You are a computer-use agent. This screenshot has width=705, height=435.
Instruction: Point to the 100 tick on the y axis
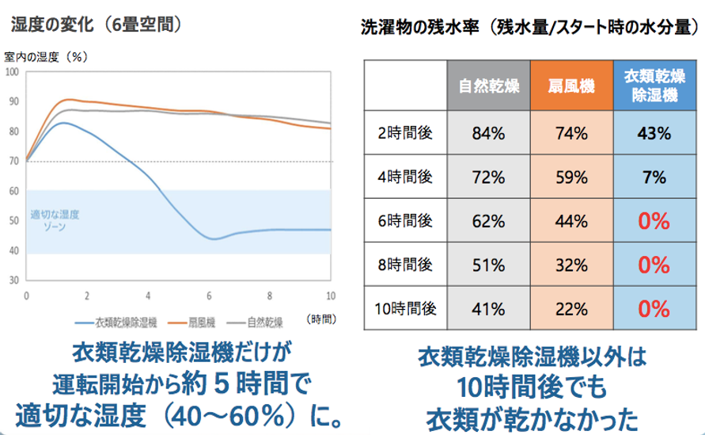pyautogui.click(x=12, y=72)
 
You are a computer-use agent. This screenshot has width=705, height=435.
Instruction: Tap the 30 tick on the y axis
pyautogui.click(x=12, y=281)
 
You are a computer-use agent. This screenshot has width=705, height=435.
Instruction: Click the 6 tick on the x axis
pyautogui.click(x=210, y=295)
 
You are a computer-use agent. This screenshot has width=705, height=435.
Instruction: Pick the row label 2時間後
pyautogui.click(x=405, y=133)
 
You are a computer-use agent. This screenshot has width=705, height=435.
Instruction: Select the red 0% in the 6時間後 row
pyautogui.click(x=653, y=220)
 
